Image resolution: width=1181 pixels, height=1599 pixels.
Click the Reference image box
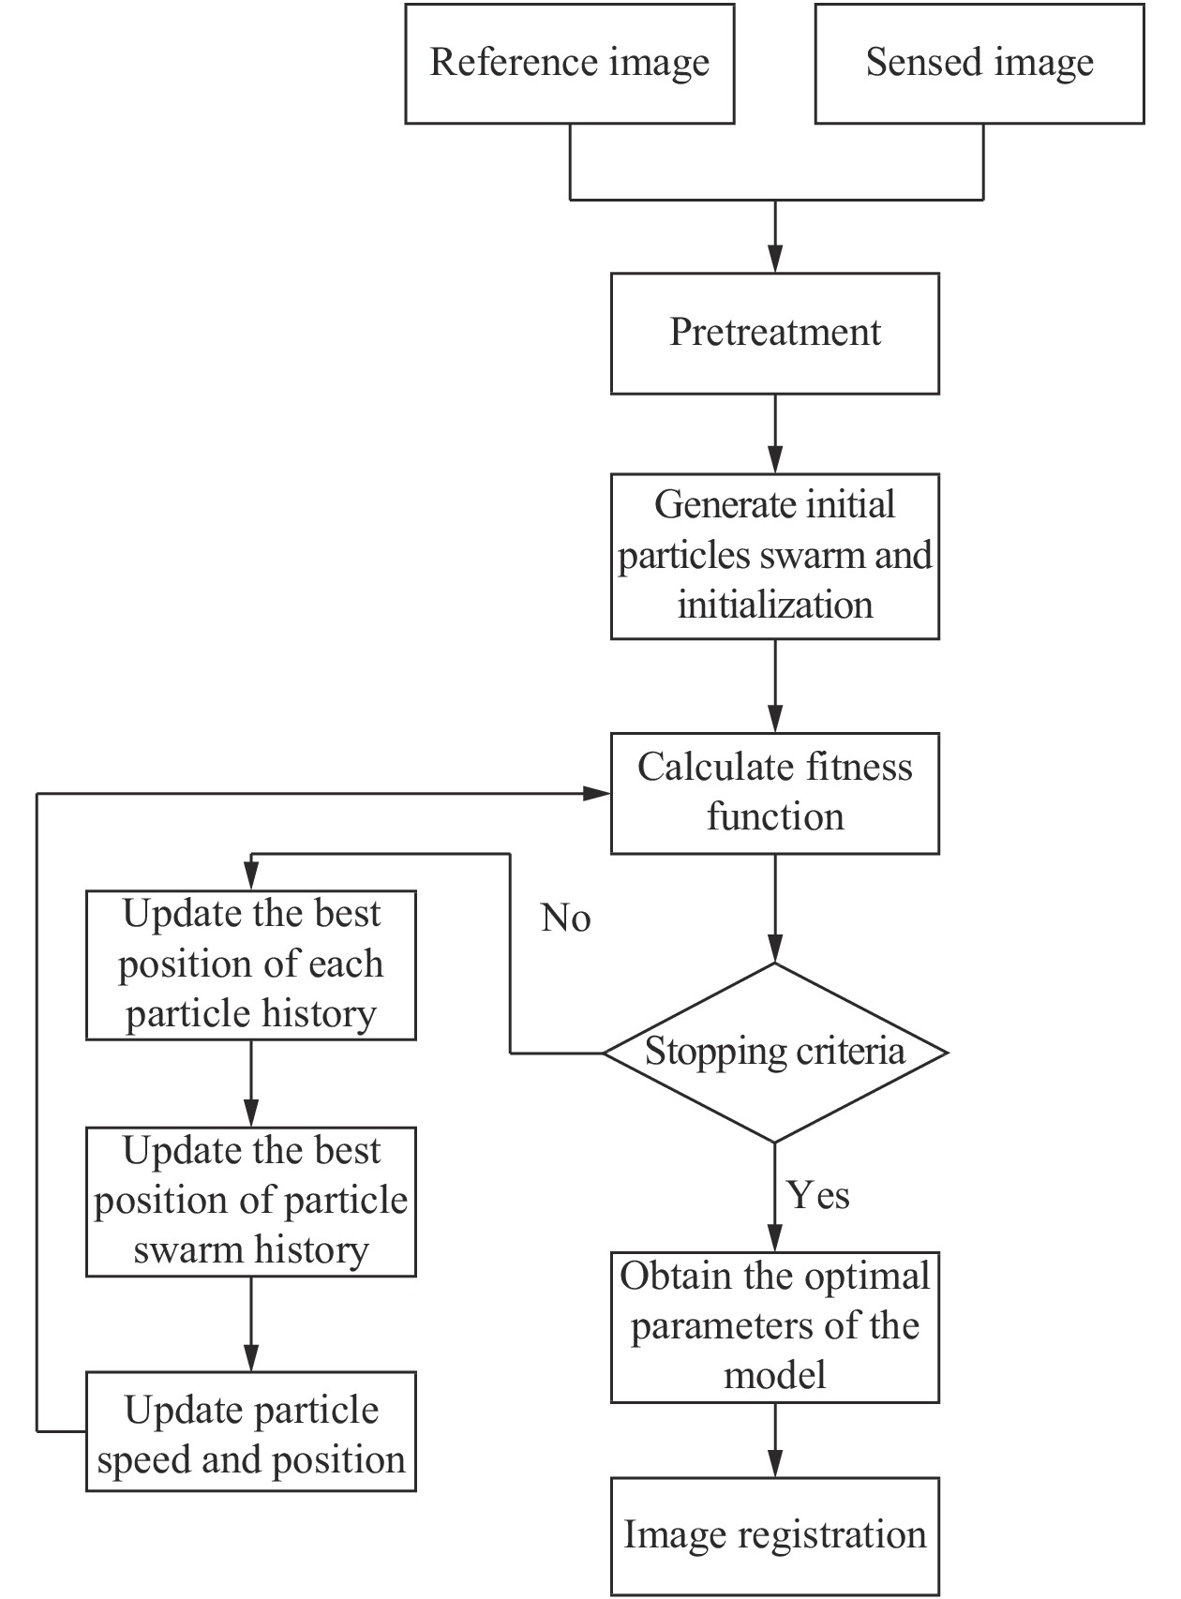[x=569, y=64]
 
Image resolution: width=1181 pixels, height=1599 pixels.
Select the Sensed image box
[x=979, y=64]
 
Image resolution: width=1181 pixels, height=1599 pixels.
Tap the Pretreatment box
[x=774, y=333]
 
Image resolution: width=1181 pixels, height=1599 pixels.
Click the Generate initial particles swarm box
[x=774, y=556]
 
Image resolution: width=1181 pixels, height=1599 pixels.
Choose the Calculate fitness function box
[x=774, y=793]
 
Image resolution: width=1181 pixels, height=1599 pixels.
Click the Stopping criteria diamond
[x=774, y=1053]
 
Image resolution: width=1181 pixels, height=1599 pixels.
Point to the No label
[x=565, y=919]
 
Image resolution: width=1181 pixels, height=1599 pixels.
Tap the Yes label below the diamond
[x=817, y=1195]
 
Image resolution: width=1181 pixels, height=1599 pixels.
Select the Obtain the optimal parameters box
[x=774, y=1326]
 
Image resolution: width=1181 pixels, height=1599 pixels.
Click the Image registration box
[x=774, y=1535]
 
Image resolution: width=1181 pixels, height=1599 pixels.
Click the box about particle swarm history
[x=250, y=1201]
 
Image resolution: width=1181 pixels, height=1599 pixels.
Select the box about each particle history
[x=250, y=964]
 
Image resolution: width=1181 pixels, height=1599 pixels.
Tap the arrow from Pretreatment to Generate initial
[x=775, y=433]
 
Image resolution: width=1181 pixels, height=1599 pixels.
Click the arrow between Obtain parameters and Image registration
[x=775, y=1440]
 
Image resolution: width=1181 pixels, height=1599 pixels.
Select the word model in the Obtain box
[x=774, y=1375]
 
